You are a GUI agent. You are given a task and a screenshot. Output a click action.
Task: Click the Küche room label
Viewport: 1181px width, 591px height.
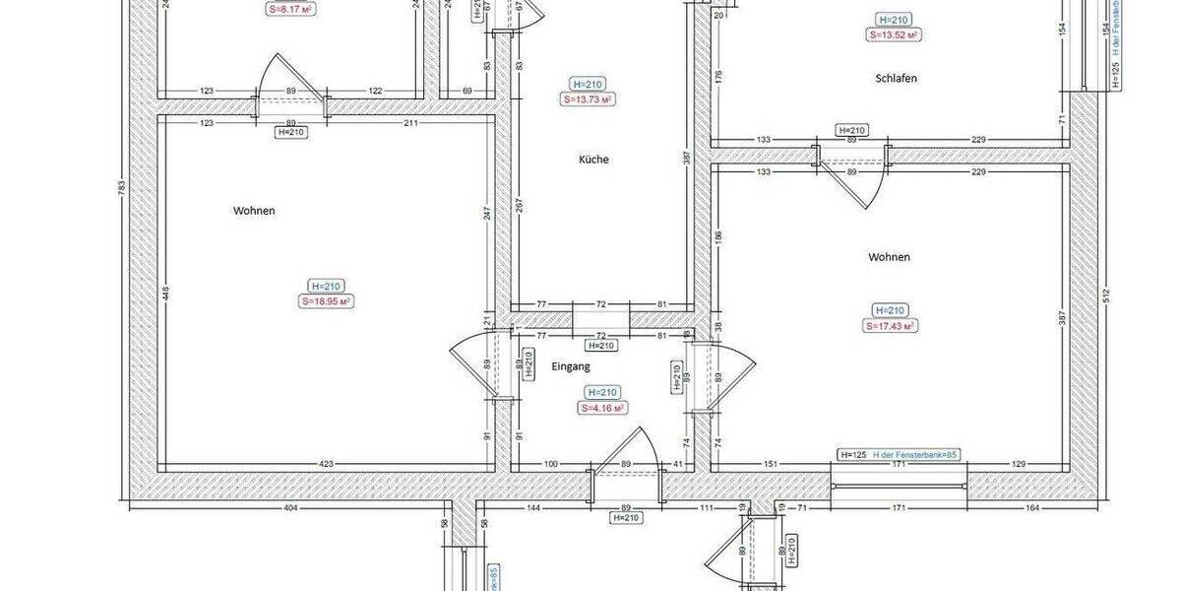pyautogui.click(x=594, y=159)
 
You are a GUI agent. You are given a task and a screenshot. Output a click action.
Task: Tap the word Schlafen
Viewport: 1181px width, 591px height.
pyautogui.click(x=896, y=78)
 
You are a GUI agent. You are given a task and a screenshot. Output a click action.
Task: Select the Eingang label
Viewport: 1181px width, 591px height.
pyautogui.click(x=571, y=366)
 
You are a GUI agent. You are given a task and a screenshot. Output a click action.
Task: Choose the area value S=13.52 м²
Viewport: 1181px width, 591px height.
pyautogui.click(x=894, y=34)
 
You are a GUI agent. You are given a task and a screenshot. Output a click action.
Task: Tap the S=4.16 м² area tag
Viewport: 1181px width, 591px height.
pyautogui.click(x=603, y=407)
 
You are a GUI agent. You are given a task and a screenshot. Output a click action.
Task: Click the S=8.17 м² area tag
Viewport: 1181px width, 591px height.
pyautogui.click(x=290, y=9)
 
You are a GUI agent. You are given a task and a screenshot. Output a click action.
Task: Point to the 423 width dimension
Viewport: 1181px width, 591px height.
pyautogui.click(x=326, y=464)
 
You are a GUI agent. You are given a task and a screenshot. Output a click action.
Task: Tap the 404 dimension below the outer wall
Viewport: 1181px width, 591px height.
pyautogui.click(x=291, y=507)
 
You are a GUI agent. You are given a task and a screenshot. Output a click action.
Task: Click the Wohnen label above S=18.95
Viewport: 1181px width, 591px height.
pyautogui.click(x=254, y=211)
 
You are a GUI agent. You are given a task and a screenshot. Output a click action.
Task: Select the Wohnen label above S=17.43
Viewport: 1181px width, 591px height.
pyautogui.click(x=889, y=257)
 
